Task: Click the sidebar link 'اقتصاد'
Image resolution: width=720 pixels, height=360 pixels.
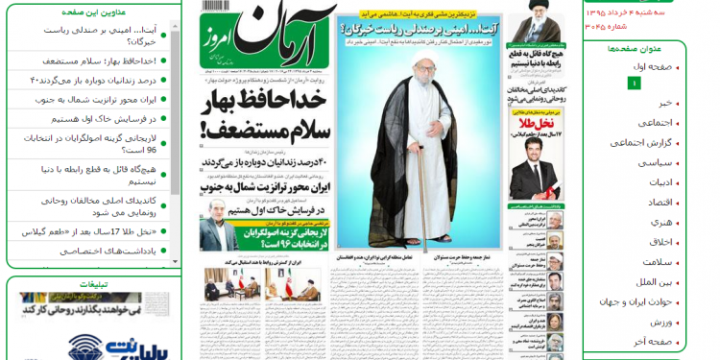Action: [660, 202]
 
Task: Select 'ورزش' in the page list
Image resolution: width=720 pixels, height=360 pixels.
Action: [661, 322]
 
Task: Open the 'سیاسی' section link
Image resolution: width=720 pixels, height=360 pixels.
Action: [655, 162]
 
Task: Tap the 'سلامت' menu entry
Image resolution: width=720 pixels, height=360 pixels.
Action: [658, 262]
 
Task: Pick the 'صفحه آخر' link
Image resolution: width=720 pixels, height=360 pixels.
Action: [653, 342]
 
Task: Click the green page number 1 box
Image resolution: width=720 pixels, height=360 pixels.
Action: [633, 84]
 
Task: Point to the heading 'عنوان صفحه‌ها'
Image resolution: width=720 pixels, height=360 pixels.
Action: [635, 48]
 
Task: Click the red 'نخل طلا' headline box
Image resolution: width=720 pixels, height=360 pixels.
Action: [535, 124]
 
